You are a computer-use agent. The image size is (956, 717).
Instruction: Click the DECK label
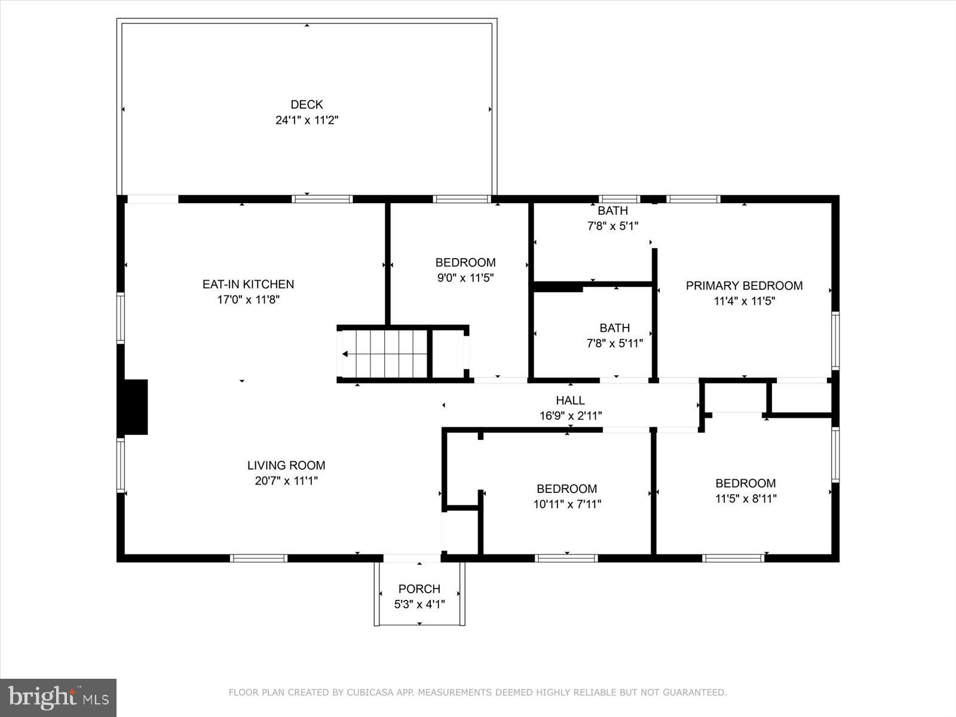tap(307, 105)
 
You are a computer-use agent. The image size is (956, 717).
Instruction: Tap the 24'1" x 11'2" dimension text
tap(307, 120)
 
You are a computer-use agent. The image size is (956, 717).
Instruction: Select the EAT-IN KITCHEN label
tap(248, 284)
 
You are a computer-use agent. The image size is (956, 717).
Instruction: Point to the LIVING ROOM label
tap(286, 465)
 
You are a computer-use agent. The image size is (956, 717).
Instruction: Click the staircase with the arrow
tap(383, 354)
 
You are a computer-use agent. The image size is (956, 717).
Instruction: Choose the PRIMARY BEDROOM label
tap(744, 286)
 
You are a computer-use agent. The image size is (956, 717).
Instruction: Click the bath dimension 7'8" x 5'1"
tap(612, 226)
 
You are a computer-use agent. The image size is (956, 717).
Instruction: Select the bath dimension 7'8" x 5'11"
tap(614, 344)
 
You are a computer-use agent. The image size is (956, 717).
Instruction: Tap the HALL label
tap(570, 400)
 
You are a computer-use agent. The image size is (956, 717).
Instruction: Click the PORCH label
tap(419, 589)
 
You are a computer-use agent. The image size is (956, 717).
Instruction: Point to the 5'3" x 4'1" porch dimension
tap(419, 604)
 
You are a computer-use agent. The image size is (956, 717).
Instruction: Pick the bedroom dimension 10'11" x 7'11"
tap(567, 504)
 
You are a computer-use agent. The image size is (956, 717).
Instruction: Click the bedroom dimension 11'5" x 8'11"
tap(746, 498)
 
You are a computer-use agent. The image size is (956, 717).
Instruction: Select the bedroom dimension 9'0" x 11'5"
tap(465, 277)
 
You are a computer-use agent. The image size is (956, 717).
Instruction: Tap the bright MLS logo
tap(58, 697)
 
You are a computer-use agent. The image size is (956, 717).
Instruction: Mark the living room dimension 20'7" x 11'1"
tap(286, 480)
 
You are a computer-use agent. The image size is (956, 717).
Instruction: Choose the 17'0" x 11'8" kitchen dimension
tap(248, 300)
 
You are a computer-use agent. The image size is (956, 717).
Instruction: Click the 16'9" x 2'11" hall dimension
tap(570, 416)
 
